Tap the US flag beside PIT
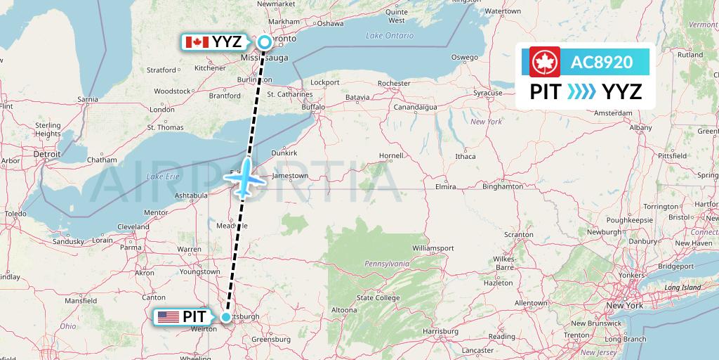tap(169, 317)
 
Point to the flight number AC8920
tap(602, 62)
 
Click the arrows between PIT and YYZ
tap(581, 91)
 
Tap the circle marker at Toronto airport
tap(264, 41)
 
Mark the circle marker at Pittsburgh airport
tap(226, 317)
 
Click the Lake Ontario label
tap(390, 35)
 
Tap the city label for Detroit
tap(47, 153)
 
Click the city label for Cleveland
tap(133, 226)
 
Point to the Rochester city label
tap(393, 83)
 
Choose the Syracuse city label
tap(487, 93)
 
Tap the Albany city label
tap(640, 127)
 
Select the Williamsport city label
tap(433, 248)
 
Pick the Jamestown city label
tap(290, 176)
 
